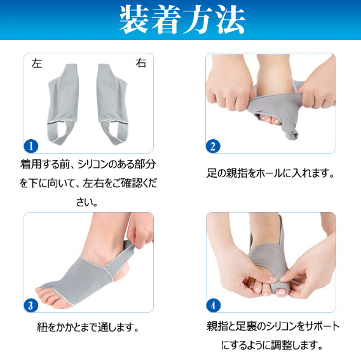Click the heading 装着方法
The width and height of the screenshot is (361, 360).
pos(182,20)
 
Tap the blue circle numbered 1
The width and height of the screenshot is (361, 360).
pos(31,146)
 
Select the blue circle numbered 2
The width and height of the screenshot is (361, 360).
pos(213,146)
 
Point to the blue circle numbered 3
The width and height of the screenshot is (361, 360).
pos(31,305)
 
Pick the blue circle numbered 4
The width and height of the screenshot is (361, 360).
pos(213,305)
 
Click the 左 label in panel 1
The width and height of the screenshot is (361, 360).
pos(37,63)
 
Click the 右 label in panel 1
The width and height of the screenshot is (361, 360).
pos(141,63)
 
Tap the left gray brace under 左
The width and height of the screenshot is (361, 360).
pos(63,104)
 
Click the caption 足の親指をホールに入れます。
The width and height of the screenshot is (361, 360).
pos(270,173)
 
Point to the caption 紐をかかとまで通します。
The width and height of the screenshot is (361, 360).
pos(88,327)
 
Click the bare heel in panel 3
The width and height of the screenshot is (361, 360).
pos(122,274)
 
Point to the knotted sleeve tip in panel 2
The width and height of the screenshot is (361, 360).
pos(292,134)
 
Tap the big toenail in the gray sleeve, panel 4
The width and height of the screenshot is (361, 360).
pos(282,291)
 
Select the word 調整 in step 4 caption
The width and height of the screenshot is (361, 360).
pos(281,345)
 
